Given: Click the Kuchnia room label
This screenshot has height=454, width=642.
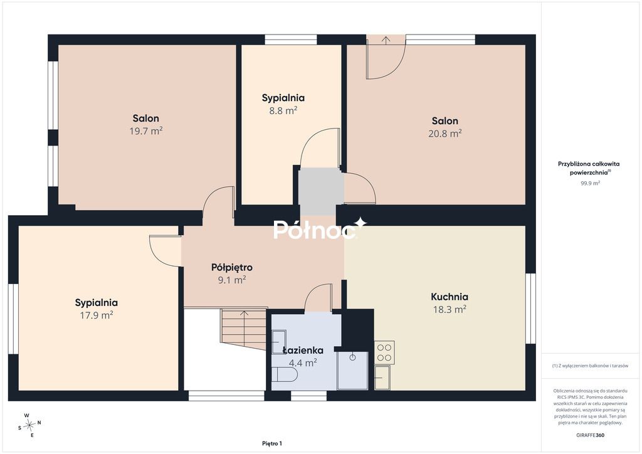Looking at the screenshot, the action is (x=449, y=297).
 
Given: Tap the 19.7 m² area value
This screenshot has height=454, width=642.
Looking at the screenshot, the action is (x=146, y=131).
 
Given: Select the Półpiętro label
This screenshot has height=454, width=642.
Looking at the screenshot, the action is (x=232, y=268).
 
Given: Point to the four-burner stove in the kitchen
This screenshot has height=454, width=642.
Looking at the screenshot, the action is (x=384, y=352).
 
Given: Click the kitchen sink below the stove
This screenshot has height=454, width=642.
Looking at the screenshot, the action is (x=382, y=377).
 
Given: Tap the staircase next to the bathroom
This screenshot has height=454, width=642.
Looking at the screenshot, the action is (x=244, y=329).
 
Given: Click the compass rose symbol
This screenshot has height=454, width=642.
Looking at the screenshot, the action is (x=29, y=425).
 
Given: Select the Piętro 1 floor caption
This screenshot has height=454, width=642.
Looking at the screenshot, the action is (x=272, y=443).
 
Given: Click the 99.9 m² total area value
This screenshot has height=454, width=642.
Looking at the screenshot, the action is (x=590, y=183).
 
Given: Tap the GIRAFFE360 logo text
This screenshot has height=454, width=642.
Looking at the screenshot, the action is (x=590, y=435).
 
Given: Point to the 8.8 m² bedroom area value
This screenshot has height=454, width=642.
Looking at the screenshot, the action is (x=283, y=110).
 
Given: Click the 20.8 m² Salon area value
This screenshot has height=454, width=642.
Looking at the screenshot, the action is (x=445, y=134).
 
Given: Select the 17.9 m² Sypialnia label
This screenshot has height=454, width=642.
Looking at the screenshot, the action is (x=96, y=315).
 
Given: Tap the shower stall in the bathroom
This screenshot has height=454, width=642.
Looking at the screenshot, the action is (x=352, y=371).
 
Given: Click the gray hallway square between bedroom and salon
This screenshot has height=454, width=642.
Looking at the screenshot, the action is (x=320, y=191).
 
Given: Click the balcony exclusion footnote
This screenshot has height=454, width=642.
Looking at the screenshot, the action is (x=590, y=366).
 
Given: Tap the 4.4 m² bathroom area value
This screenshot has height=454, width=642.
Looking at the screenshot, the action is (x=303, y=362).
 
